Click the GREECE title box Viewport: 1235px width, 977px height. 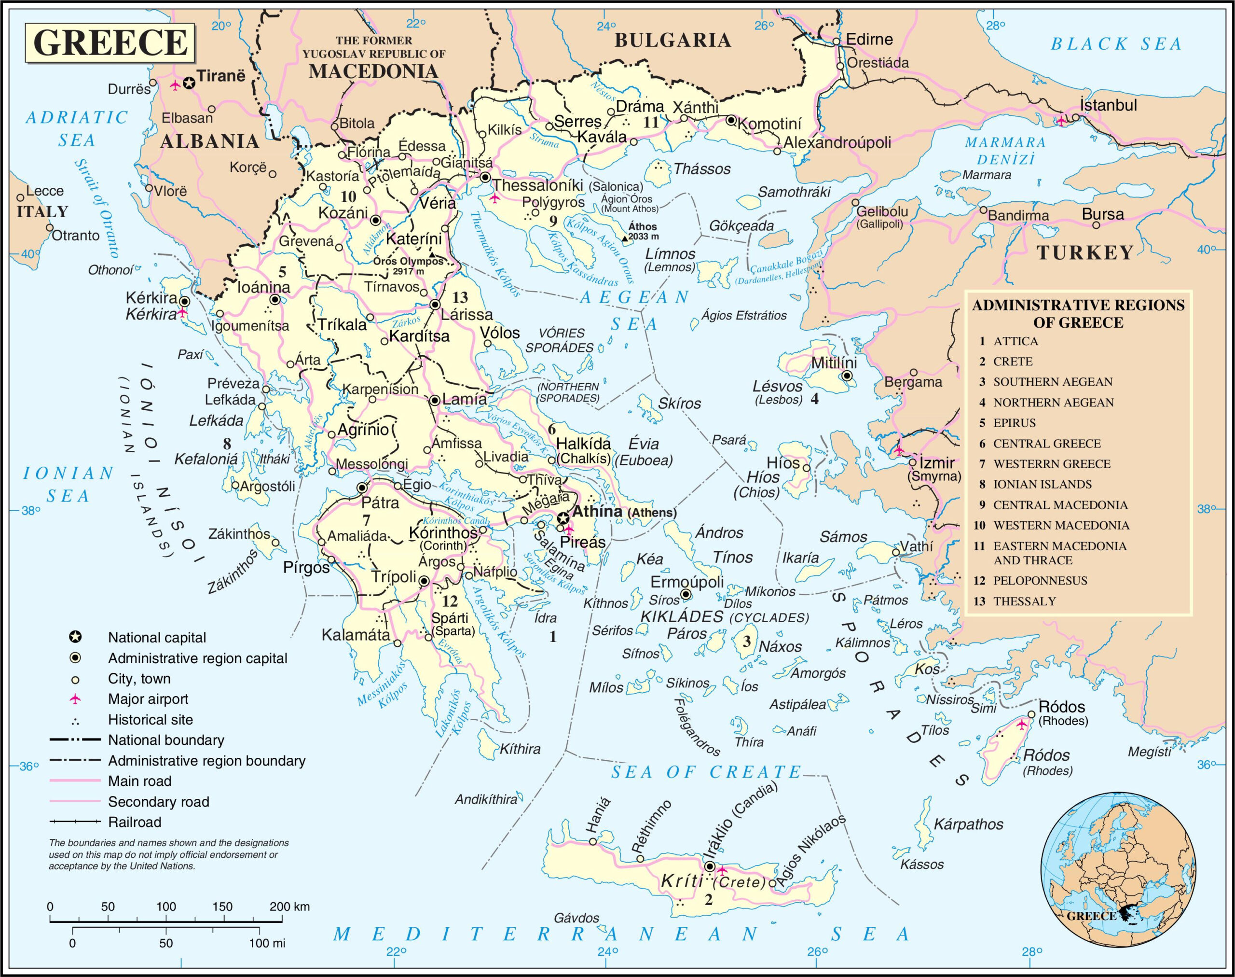pyautogui.click(x=110, y=42)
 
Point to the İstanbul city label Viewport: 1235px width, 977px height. pyautogui.click(x=1109, y=105)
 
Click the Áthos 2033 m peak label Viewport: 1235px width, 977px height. pyautogui.click(x=643, y=231)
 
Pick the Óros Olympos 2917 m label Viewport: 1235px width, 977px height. pyautogui.click(x=408, y=265)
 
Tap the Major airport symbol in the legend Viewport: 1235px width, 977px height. pyautogui.click(x=75, y=699)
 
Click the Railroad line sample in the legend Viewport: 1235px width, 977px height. pyautogui.click(x=75, y=822)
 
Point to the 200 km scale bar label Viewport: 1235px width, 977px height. pyautogui.click(x=289, y=906)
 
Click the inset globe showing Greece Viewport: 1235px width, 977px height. pyautogui.click(x=1117, y=870)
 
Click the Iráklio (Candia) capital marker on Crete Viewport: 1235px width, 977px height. pyautogui.click(x=710, y=866)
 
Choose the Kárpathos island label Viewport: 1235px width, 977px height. pyautogui.click(x=969, y=824)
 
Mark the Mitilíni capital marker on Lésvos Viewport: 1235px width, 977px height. pyautogui.click(x=847, y=376)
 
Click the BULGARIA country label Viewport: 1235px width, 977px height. pyautogui.click(x=672, y=40)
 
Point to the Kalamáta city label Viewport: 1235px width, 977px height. pyautogui.click(x=356, y=634)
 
